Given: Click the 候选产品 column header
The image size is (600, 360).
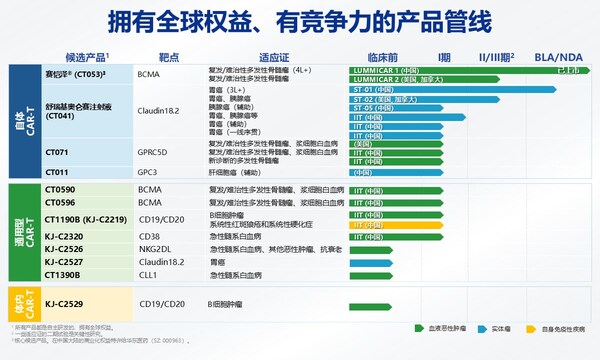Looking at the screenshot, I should pyautogui.click(x=88, y=57).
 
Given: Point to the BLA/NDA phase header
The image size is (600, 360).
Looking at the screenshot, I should pyautogui.click(x=558, y=57).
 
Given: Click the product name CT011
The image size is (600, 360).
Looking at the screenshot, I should pyautogui.click(x=58, y=172).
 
